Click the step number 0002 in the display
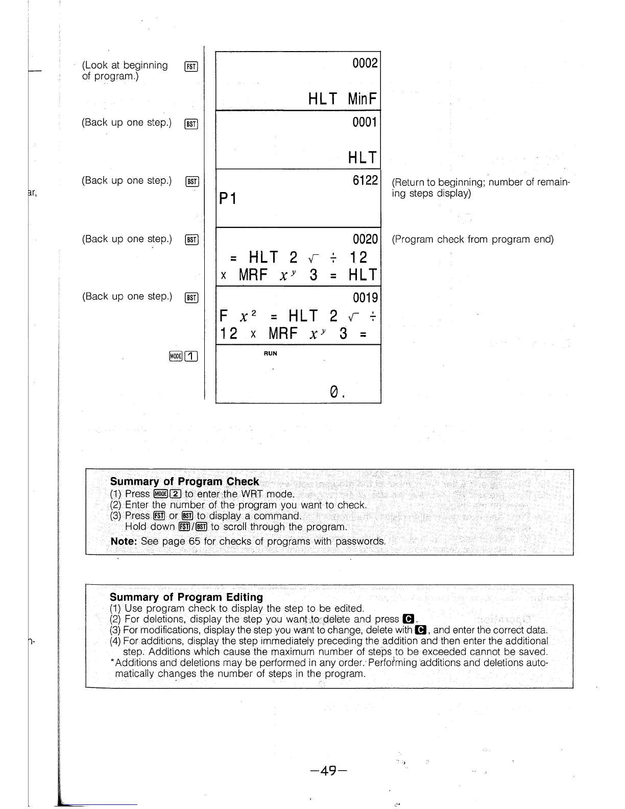pyautogui.click(x=365, y=63)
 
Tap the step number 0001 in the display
pyautogui.click(x=365, y=122)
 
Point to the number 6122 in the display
pyautogui.click(x=365, y=180)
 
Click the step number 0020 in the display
pyautogui.click(x=365, y=239)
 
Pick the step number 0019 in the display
pyautogui.click(x=365, y=297)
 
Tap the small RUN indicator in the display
pyautogui.click(x=271, y=353)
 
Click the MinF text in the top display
pyautogui.click(x=363, y=99)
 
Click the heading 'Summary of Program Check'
pyautogui.click(x=184, y=482)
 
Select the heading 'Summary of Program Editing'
pyautogui.click(x=186, y=597)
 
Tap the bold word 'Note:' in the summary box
pyautogui.click(x=124, y=541)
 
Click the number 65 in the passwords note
pyautogui.click(x=195, y=541)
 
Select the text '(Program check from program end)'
pyautogui.click(x=472, y=240)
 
